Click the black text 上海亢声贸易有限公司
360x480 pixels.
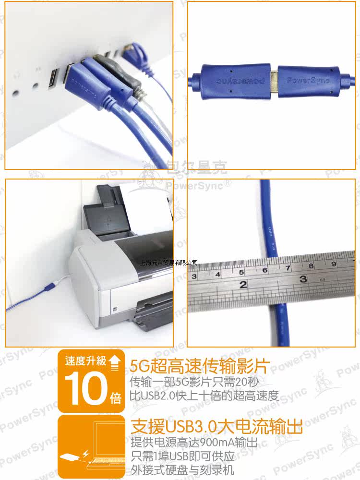[168, 263]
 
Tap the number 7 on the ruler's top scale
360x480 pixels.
[288, 268]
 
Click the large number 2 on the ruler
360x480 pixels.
[243, 284]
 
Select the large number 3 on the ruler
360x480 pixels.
[303, 278]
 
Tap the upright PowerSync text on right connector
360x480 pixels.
[308, 80]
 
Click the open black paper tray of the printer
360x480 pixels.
[108, 221]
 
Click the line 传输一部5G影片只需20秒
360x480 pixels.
[197, 382]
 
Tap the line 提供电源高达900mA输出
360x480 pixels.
[194, 442]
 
